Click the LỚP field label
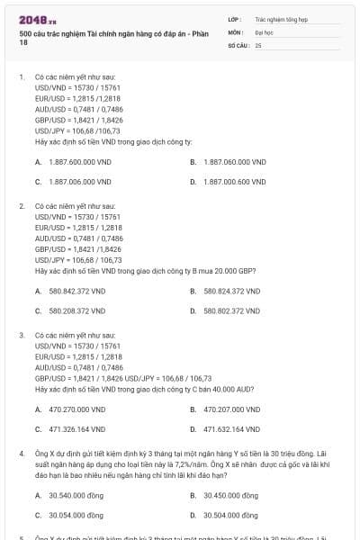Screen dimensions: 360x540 (234, 17)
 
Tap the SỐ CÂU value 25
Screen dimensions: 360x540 (258, 44)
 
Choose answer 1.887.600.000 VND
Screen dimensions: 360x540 (78, 162)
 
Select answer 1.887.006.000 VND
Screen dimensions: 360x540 (78, 181)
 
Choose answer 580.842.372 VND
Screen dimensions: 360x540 (76, 291)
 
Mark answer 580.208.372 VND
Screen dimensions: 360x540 (76, 310)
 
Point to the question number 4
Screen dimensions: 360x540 (21, 454)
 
